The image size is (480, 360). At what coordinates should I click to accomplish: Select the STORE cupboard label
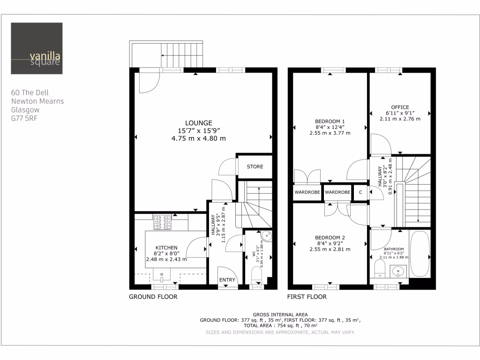(255, 166)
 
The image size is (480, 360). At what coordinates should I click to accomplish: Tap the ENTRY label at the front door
(227, 280)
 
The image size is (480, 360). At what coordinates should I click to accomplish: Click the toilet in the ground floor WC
(256, 274)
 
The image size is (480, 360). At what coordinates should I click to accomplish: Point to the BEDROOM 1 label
(330, 121)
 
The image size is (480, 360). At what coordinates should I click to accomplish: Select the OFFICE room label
(400, 107)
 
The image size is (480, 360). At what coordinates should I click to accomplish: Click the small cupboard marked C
(360, 192)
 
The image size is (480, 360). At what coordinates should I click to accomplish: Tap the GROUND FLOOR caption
(153, 297)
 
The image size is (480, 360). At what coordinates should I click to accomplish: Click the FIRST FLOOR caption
(307, 297)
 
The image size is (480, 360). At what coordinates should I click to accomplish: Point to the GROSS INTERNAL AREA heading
(280, 314)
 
